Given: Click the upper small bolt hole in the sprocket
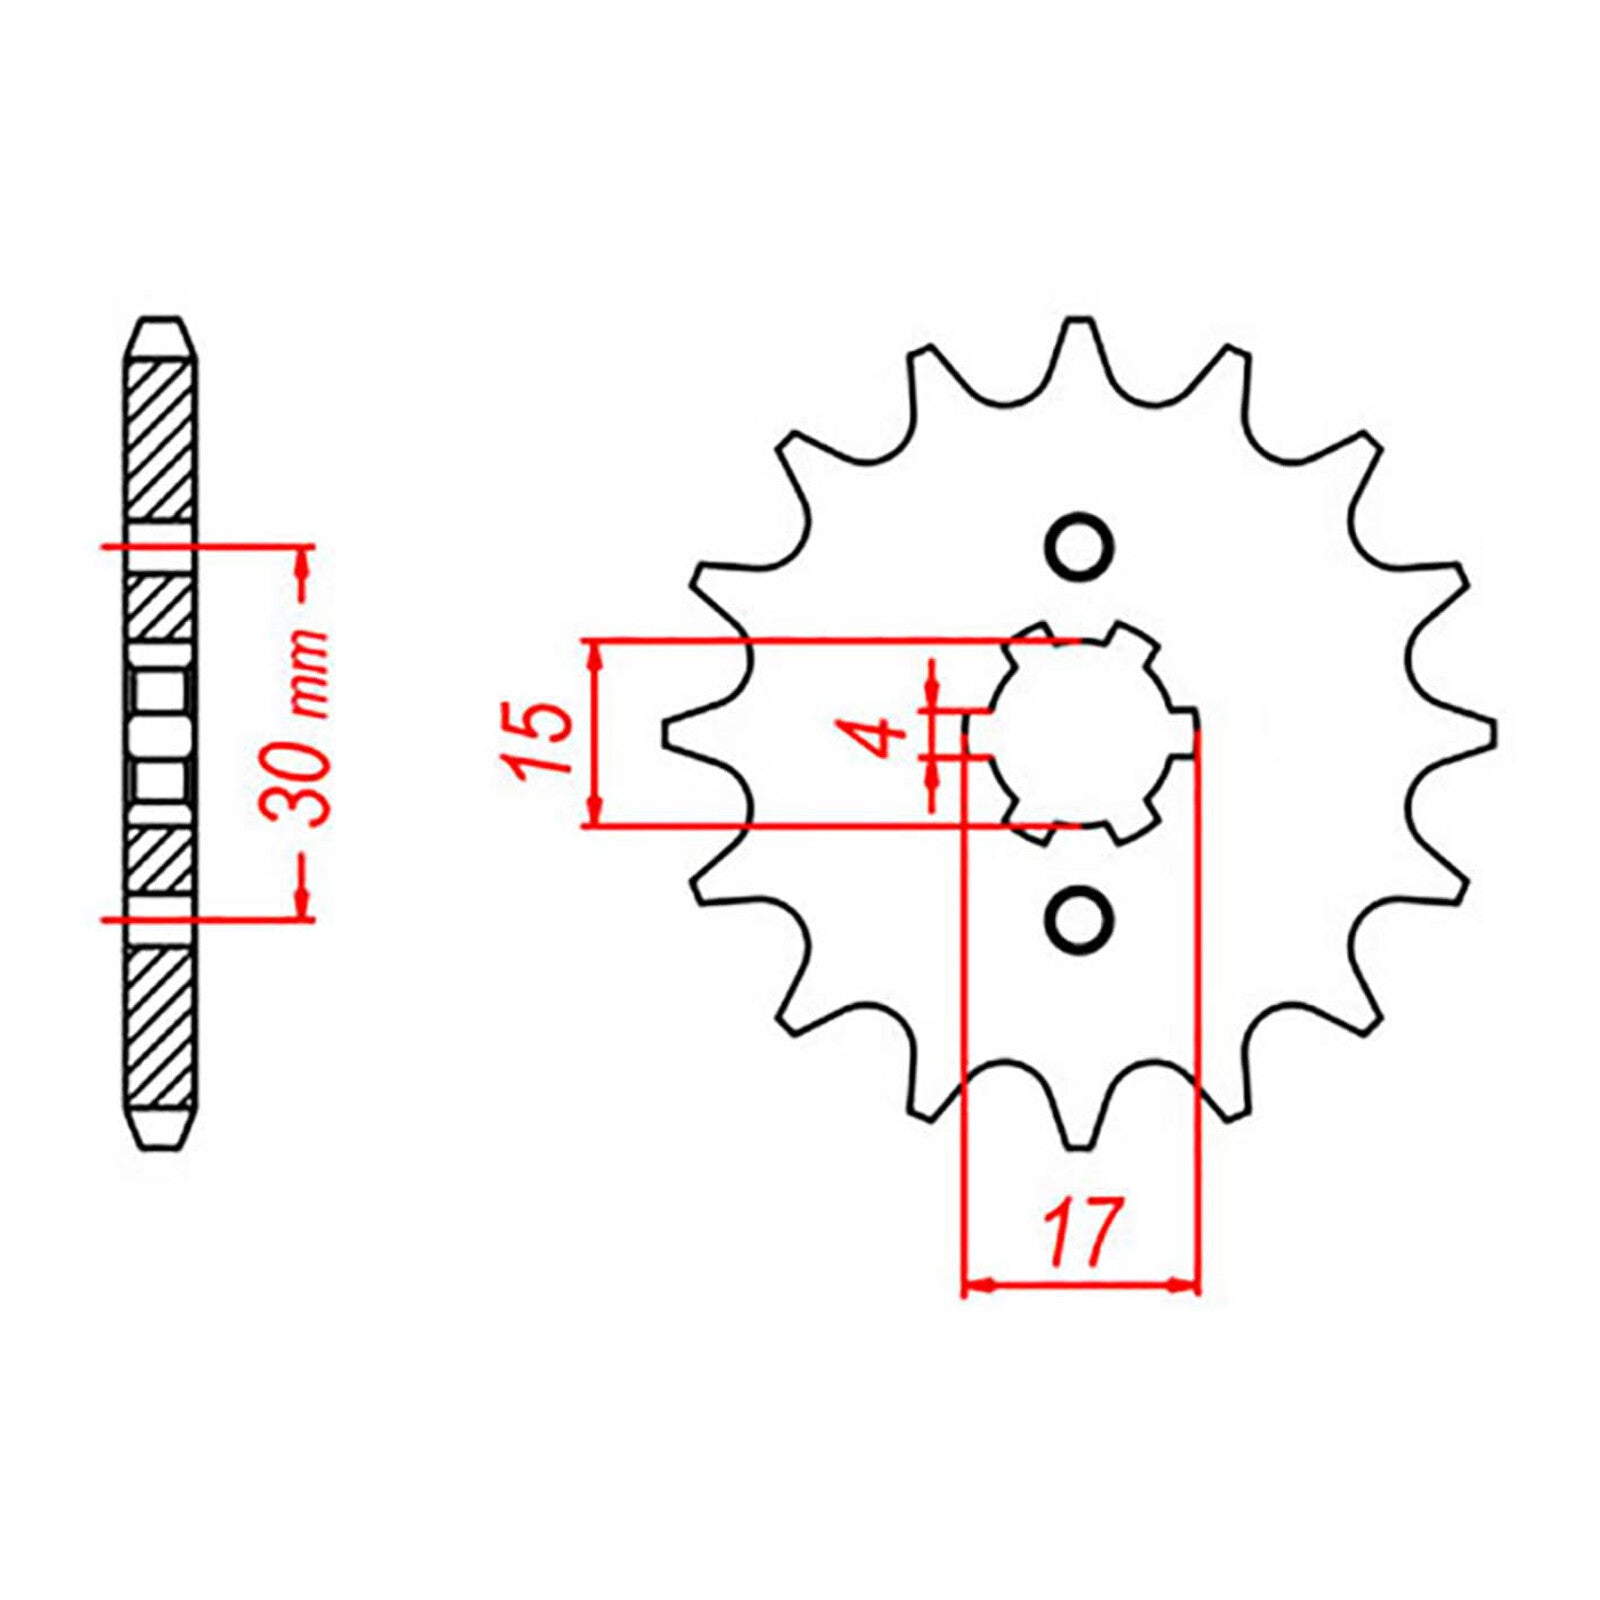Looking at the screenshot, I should click(x=1078, y=546).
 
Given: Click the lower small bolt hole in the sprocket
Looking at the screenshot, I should click(x=1078, y=919).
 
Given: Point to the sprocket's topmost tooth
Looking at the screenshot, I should click(x=1077, y=335).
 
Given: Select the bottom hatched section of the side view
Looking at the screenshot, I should click(x=160, y=1030).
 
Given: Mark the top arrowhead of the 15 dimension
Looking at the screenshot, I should click(x=596, y=654).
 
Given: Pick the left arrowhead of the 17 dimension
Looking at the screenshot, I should click(x=976, y=1285).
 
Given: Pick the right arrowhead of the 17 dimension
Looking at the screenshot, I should click(x=1184, y=1285).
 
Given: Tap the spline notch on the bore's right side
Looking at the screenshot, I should click(x=1184, y=733).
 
